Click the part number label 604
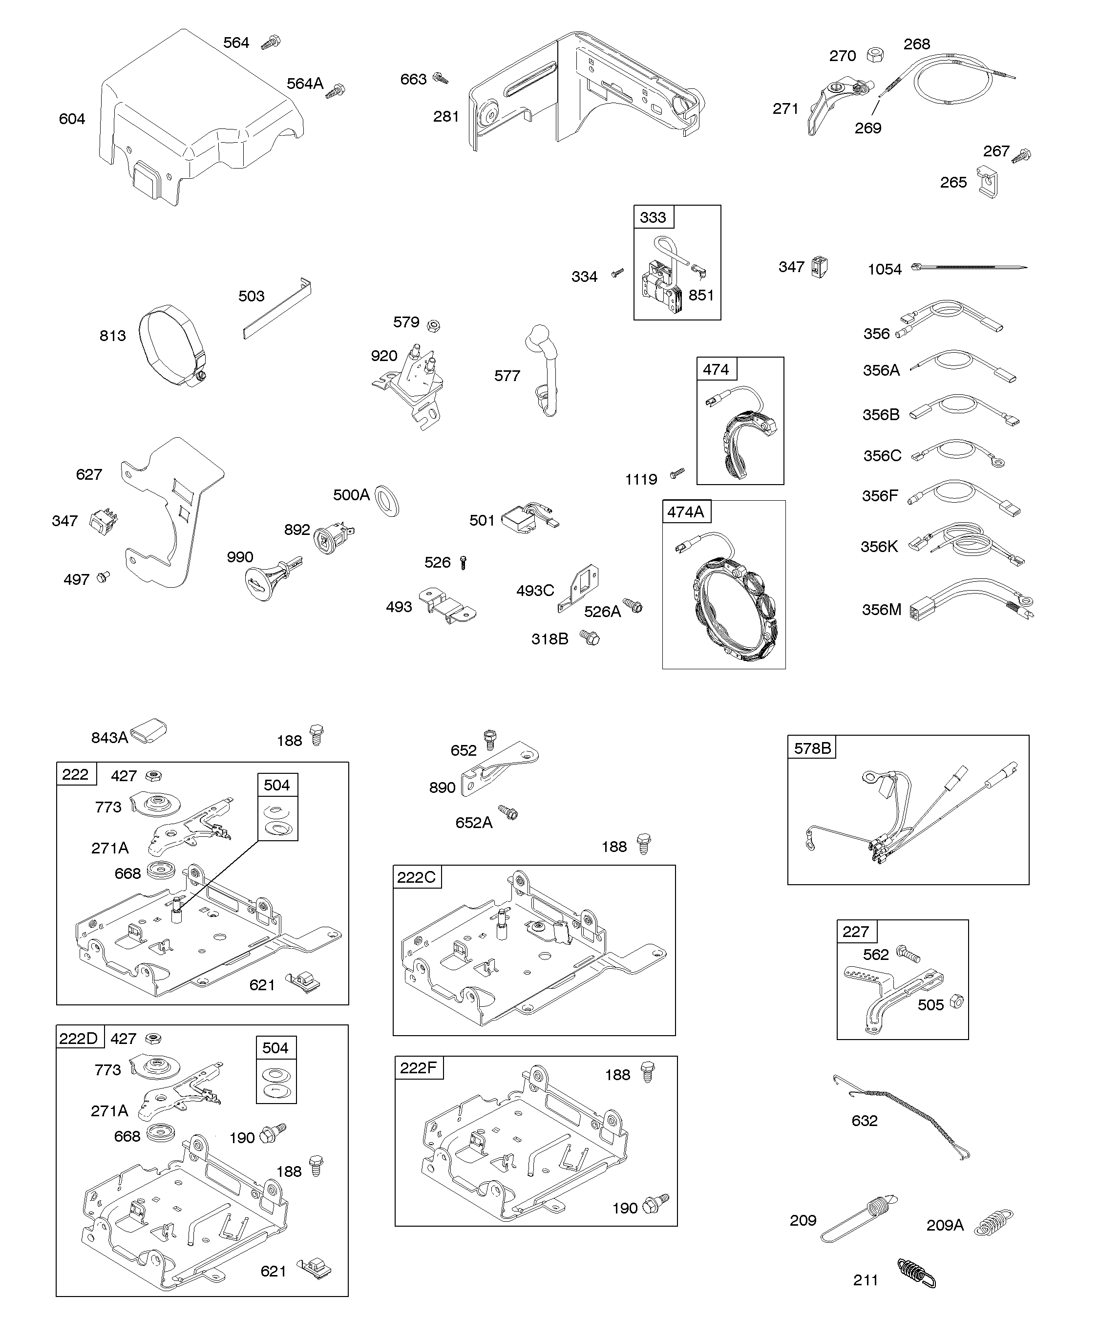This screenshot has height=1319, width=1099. point(72,119)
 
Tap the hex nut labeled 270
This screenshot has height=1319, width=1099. point(873,55)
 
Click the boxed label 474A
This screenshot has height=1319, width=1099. point(685,512)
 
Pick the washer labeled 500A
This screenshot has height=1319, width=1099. point(387,501)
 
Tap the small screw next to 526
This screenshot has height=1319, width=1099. point(464,562)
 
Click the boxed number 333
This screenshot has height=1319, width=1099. point(653,217)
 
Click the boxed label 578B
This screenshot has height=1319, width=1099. point(812,748)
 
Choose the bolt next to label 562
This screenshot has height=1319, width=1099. point(908,954)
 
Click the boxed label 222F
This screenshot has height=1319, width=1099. point(418,1068)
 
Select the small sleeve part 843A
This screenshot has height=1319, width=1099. point(148,731)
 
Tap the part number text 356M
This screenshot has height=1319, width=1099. point(881,609)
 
